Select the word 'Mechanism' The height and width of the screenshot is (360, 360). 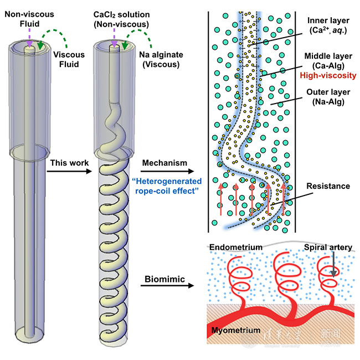164,163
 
